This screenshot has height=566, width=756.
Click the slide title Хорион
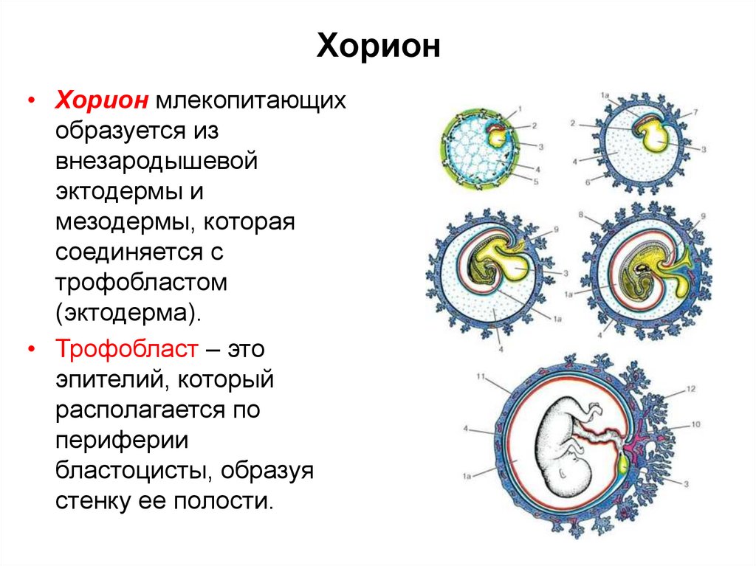click(378, 48)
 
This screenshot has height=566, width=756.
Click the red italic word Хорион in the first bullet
click(103, 100)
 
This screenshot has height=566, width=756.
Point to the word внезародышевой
click(156, 161)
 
